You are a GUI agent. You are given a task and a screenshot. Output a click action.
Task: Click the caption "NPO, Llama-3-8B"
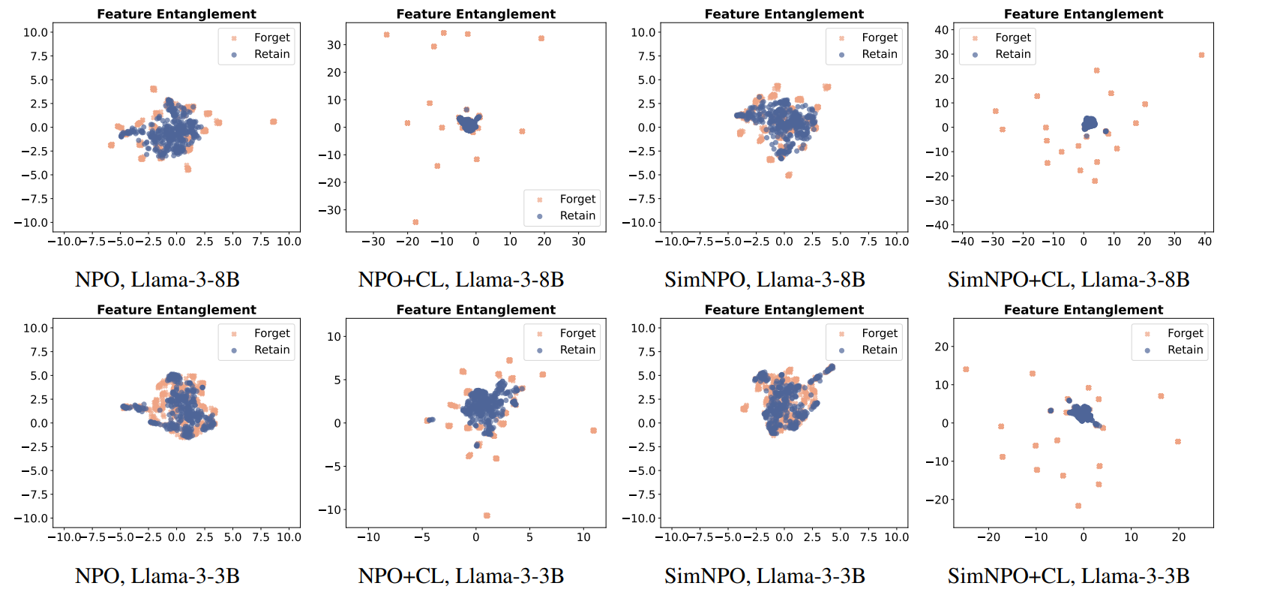(x=157, y=280)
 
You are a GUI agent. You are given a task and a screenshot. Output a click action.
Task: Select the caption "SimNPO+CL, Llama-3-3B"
(x=1069, y=576)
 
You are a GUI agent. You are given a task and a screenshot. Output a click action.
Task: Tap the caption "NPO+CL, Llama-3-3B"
(x=461, y=576)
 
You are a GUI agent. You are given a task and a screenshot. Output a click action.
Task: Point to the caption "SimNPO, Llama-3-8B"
(x=765, y=280)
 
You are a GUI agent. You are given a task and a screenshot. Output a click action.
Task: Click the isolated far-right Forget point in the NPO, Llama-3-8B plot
(x=274, y=122)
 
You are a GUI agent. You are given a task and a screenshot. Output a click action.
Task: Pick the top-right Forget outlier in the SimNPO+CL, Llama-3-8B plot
(x=1201, y=55)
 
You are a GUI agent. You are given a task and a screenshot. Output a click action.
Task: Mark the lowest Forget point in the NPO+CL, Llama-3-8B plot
(x=415, y=222)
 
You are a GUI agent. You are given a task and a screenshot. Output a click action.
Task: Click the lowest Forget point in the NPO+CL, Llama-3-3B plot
(x=487, y=515)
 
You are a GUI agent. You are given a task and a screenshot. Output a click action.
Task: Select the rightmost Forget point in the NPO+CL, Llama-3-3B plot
(x=593, y=431)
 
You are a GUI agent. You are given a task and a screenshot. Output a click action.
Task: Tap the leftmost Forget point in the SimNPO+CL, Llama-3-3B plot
(x=966, y=369)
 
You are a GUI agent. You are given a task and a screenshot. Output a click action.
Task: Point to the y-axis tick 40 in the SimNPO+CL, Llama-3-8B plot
(x=942, y=30)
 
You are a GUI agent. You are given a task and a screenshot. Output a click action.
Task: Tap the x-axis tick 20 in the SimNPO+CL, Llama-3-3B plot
(x=1179, y=537)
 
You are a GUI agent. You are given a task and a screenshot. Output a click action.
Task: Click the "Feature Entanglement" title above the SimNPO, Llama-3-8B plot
(x=784, y=14)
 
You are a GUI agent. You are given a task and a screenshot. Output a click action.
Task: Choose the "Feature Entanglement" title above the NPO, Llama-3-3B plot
(x=176, y=310)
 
